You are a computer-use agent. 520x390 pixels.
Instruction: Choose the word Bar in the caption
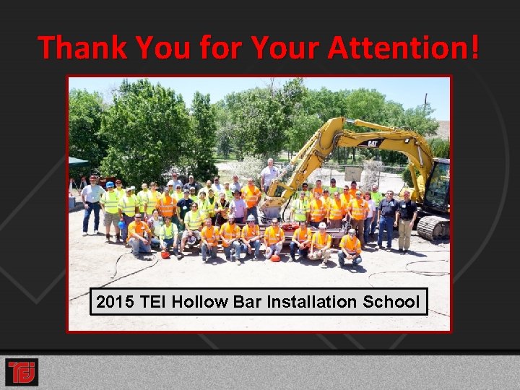[246, 302]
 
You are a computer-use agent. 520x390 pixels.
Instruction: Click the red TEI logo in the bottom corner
[22, 372]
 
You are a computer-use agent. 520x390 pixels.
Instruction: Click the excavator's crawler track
[433, 227]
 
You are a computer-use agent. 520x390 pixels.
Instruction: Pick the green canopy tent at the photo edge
[77, 163]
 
